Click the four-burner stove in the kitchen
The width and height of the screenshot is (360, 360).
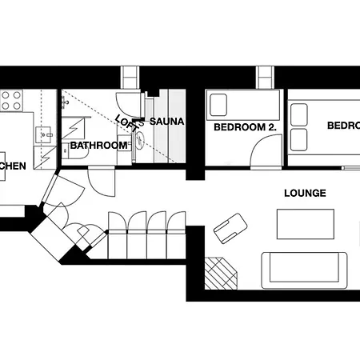pyautogui.click(x=11, y=100)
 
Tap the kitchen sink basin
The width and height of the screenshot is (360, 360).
pyautogui.click(x=43, y=132)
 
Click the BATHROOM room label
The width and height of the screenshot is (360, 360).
pyautogui.click(x=98, y=146)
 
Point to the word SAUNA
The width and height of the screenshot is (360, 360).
pyautogui.click(x=166, y=122)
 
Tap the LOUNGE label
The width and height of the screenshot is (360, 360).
pyautogui.click(x=305, y=193)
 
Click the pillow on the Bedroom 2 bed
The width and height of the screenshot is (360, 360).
pyautogui.click(x=218, y=104)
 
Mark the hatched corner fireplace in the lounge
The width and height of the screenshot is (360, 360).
pyautogui.click(x=222, y=273)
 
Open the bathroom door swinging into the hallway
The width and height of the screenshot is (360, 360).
pyautogui.click(x=102, y=180)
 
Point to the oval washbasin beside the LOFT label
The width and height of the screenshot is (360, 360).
pyautogui.click(x=140, y=141)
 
